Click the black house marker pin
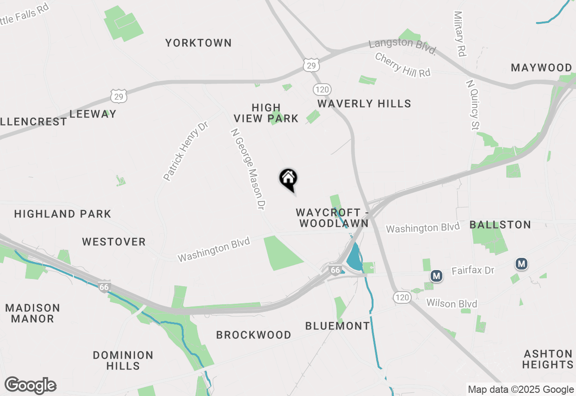(x=288, y=179)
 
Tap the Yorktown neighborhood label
(x=198, y=43)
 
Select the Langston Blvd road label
(x=402, y=45)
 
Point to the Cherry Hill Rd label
(x=402, y=65)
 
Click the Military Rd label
(x=459, y=34)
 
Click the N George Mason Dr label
(x=247, y=169)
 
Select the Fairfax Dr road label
(x=473, y=270)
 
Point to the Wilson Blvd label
(x=451, y=304)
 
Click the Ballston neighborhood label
(x=500, y=225)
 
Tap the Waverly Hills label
(x=364, y=104)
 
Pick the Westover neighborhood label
(x=114, y=242)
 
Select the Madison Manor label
(x=32, y=313)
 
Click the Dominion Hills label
(x=123, y=360)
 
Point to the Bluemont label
(x=337, y=326)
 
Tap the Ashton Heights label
(x=547, y=359)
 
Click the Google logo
(x=30, y=386)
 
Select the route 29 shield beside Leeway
(x=118, y=96)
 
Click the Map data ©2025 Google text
(x=521, y=390)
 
